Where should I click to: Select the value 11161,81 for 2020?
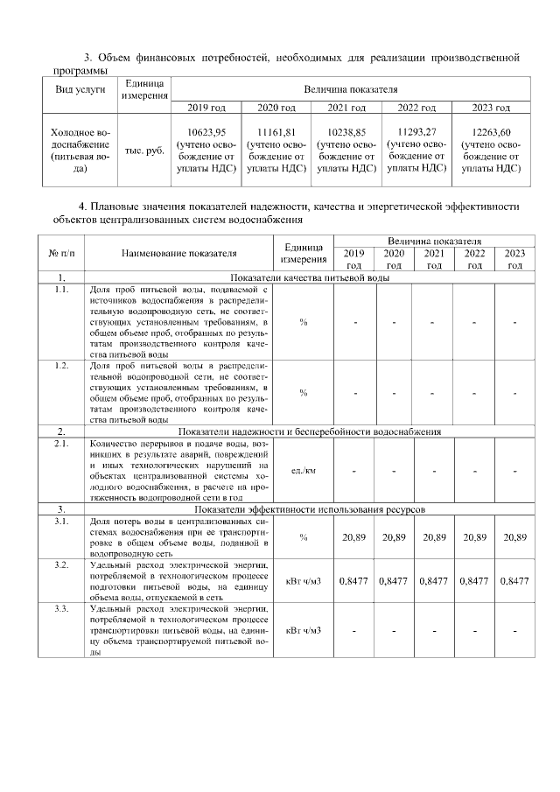tap(276, 132)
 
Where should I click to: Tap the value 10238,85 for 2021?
tap(346, 132)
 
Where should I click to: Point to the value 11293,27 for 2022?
tap(416, 132)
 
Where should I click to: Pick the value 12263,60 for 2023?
tap(491, 132)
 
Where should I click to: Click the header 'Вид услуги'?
tap(80, 89)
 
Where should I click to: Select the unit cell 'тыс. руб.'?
tap(144, 151)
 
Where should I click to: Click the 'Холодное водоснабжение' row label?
tap(80, 151)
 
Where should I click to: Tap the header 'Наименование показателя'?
tap(179, 254)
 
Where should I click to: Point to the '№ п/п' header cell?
tap(61, 254)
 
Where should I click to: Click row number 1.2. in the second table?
tap(61, 365)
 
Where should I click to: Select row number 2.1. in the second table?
tap(61, 444)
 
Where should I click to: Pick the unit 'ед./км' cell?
tap(304, 471)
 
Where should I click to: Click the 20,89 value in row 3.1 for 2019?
tap(353, 536)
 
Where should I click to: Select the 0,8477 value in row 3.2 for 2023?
tap(514, 580)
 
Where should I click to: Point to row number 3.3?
tap(61, 607)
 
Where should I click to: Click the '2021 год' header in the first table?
tap(346, 108)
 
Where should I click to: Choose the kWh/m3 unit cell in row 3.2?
tap(304, 580)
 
